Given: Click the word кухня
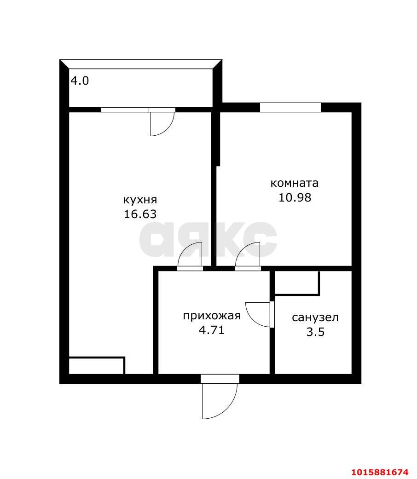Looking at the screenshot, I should point(140,200).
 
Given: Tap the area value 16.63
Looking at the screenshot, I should point(140,214).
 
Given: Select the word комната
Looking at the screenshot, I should point(295,183).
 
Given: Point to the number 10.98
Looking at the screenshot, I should point(295,197).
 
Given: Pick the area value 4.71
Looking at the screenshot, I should point(212,330).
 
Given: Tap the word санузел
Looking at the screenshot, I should point(315,317).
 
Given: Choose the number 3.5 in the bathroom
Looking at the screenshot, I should point(315,332).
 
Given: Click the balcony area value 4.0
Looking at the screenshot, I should point(80,81).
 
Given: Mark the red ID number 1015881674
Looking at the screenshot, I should point(380,472).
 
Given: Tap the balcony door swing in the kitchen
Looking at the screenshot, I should point(162,123).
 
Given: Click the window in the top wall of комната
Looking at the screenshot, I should point(290,107).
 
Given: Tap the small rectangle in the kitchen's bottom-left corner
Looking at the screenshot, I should point(96,365).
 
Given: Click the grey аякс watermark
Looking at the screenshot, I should point(208,239).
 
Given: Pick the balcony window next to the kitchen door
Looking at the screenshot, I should point(125,110).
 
